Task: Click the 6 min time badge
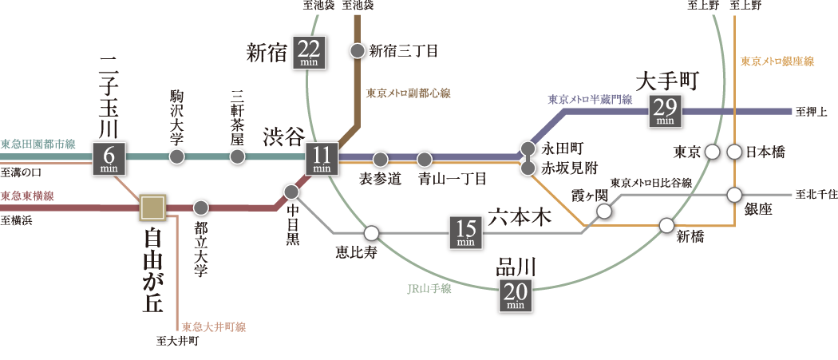pos(109,159)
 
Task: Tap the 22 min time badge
pos(309,53)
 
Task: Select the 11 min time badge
pos(322,159)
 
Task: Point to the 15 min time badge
pos(465,232)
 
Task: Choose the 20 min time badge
pos(515,295)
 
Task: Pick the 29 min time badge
pos(666,111)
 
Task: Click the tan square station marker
pos(152,207)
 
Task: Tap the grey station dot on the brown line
pos(358,50)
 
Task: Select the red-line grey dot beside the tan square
pos(201,208)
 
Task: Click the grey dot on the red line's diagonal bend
pos(291,192)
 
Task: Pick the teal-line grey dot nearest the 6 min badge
pos(177,156)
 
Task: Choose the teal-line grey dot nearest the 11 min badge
pos(237,156)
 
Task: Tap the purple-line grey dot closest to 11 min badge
pos(381,160)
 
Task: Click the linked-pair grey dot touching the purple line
pos(528,148)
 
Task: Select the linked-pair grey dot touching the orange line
pos(528,168)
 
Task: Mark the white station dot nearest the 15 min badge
pos(371,233)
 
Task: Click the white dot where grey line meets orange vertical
pos(734,195)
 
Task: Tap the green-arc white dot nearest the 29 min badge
pos(713,152)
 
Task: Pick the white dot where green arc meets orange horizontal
pos(666,225)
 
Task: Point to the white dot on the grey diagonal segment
pos(604,211)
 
